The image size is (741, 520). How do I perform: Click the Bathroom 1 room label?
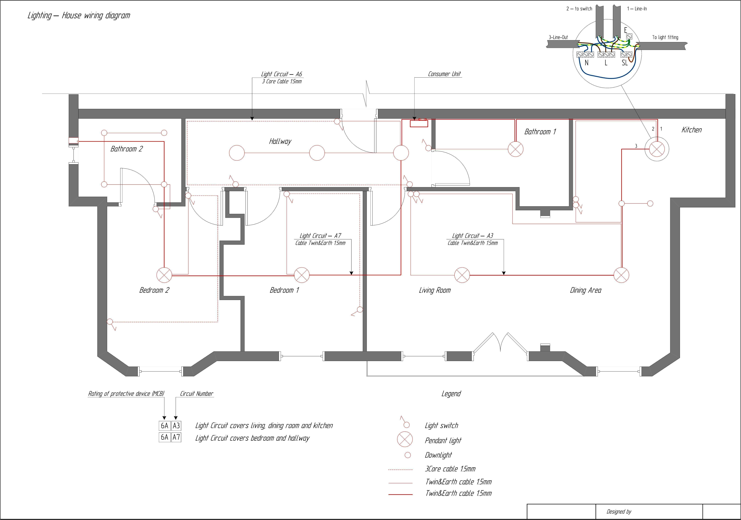(x=540, y=132)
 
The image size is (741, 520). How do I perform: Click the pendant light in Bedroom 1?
(x=302, y=275)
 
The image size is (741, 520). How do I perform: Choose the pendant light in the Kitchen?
(x=657, y=149)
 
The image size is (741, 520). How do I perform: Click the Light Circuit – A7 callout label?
(x=320, y=236)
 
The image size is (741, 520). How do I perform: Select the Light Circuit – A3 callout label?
(x=472, y=236)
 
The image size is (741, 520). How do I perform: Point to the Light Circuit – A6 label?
(x=281, y=74)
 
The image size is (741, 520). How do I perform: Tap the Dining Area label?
(x=585, y=290)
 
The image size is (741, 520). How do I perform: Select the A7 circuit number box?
(x=176, y=437)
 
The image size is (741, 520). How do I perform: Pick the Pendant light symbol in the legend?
(x=405, y=439)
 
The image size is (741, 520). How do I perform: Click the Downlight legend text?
(x=438, y=455)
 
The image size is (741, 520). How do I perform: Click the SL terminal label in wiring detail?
(x=624, y=63)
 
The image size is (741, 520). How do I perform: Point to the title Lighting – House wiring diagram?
(x=79, y=15)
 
